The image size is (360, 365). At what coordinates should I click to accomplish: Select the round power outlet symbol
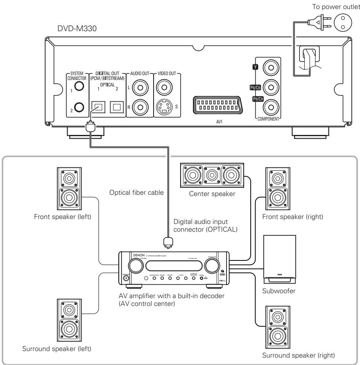click(x=346, y=21)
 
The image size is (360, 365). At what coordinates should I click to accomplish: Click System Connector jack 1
click(x=80, y=86)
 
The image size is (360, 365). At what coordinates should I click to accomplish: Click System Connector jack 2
click(x=80, y=107)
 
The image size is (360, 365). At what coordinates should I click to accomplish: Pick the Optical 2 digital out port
click(x=117, y=107)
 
